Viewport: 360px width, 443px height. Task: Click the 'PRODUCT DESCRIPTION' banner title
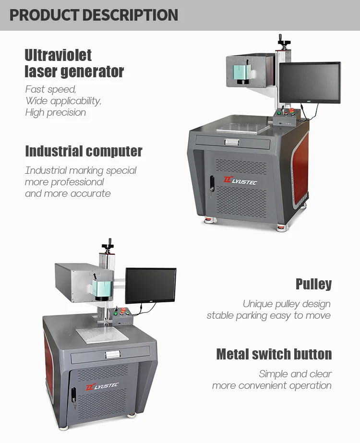[x=94, y=15]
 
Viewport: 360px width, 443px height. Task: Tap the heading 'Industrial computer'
[x=84, y=151]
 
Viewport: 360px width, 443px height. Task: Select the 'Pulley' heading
[x=313, y=284]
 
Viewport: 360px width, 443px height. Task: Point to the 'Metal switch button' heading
[x=274, y=354]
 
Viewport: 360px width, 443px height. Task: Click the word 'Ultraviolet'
[x=58, y=55]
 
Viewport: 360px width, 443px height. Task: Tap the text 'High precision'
[x=56, y=112]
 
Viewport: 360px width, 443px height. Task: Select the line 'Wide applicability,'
[x=63, y=101]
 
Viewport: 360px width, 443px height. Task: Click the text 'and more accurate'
[x=68, y=193]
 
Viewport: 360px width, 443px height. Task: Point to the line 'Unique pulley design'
[x=287, y=304]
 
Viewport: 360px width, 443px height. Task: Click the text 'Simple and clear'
[x=295, y=373]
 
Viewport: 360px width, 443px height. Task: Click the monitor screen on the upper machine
[x=310, y=83]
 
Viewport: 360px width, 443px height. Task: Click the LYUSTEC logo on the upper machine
[x=241, y=180]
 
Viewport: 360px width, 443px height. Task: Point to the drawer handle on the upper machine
[x=232, y=141]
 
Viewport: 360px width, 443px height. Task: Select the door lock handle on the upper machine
[x=212, y=185]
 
